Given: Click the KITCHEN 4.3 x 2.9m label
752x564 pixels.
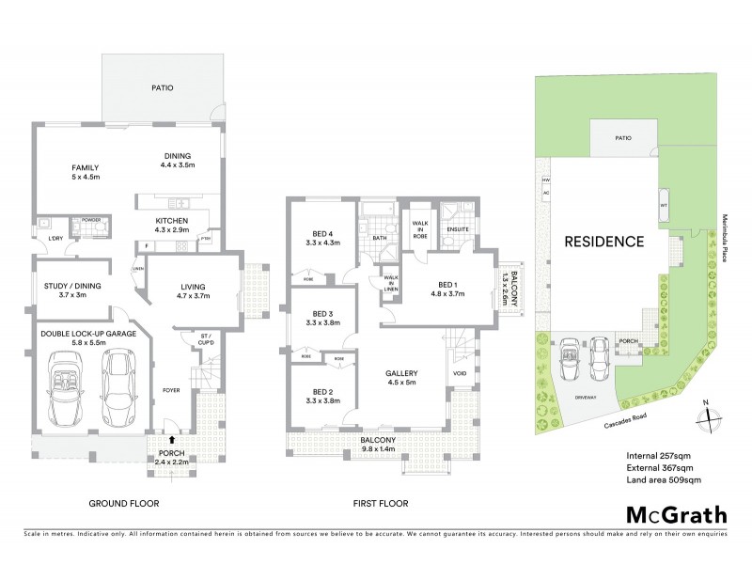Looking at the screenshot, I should [x=172, y=225].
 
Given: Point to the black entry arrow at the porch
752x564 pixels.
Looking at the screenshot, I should [x=171, y=438].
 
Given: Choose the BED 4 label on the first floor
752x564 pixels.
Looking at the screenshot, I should [x=322, y=238].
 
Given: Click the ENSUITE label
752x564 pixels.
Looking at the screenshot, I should [x=458, y=228].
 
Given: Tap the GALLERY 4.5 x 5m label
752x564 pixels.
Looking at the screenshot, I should [x=402, y=378].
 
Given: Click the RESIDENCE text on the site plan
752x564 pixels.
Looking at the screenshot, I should [x=603, y=242].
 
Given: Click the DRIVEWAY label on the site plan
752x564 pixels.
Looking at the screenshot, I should [x=586, y=399].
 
